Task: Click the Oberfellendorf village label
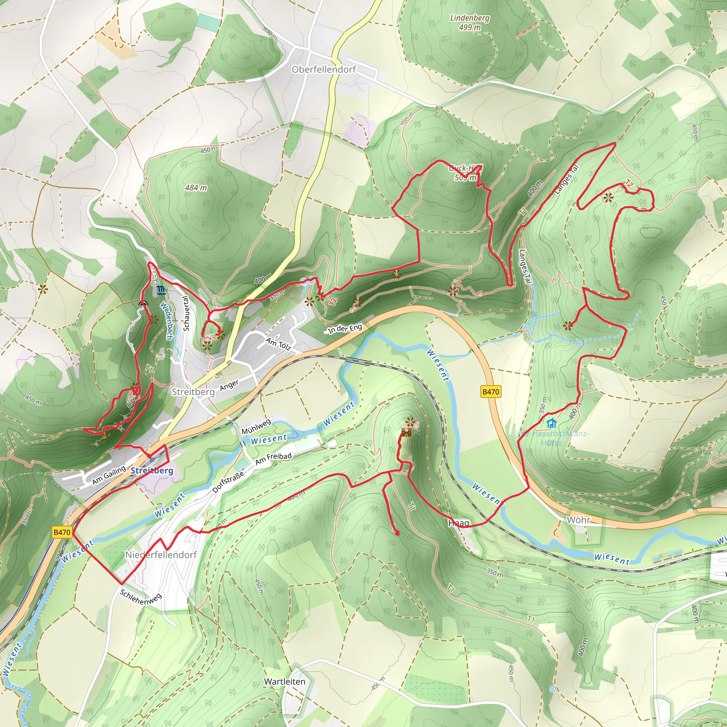coord(324,70)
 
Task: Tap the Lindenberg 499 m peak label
coord(470,23)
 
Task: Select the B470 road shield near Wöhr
coord(491,392)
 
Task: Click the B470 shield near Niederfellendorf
coord(62,532)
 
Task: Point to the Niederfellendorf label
coord(161,555)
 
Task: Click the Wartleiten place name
coord(284,682)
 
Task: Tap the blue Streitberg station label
coord(152,470)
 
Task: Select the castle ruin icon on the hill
coord(406,433)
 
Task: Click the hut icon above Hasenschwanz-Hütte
coord(552,423)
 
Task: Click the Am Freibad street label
coord(273,458)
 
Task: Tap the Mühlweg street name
coord(256,426)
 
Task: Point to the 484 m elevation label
coord(196,187)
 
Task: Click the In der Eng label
coord(345,328)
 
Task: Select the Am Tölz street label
coord(278,344)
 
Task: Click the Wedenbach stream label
coord(166,320)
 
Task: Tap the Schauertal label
coord(186,313)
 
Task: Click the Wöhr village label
coord(578,520)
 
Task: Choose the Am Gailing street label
coord(109,475)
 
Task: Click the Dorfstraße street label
coord(228,481)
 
